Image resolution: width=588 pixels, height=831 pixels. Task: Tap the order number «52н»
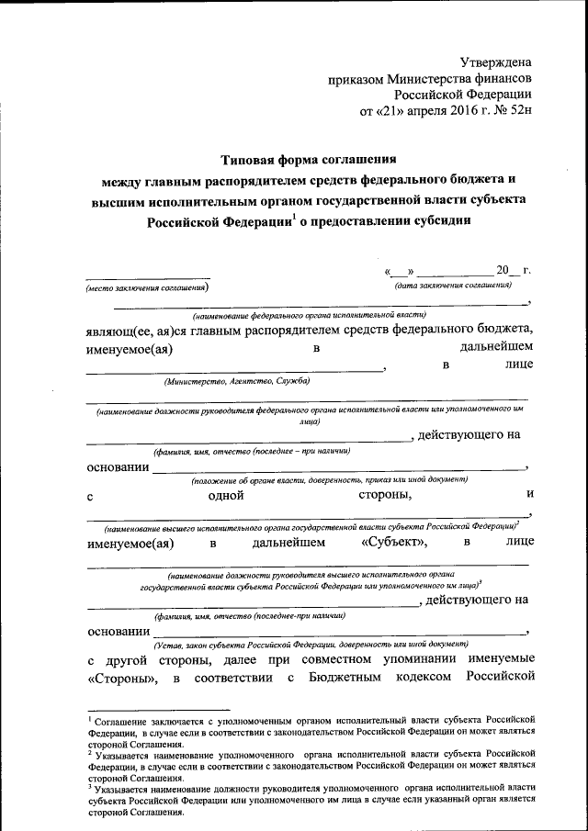coord(517,111)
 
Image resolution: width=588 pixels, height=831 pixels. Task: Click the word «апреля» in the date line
coord(410,111)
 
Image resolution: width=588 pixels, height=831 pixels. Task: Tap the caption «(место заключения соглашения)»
coord(147,288)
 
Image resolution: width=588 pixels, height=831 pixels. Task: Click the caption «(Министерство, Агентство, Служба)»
coord(236,380)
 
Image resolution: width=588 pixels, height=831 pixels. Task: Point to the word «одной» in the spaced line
coord(225,496)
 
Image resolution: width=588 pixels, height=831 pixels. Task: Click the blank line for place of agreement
coord(147,276)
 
